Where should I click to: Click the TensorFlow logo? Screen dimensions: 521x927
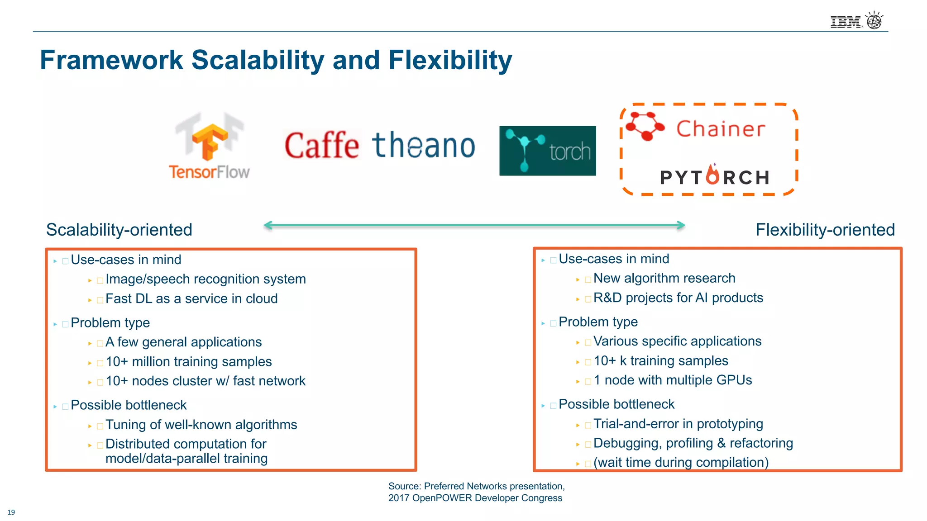pyautogui.click(x=209, y=146)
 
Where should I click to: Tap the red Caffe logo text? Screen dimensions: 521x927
pyautogui.click(x=322, y=146)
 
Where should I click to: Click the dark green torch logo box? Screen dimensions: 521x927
pyautogui.click(x=547, y=151)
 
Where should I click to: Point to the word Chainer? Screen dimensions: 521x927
pyautogui.click(x=721, y=129)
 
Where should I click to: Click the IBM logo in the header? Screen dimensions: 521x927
pyautogui.click(x=845, y=22)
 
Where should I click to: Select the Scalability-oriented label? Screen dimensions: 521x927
pyautogui.click(x=119, y=230)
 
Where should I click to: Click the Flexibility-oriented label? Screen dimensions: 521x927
pyautogui.click(x=825, y=230)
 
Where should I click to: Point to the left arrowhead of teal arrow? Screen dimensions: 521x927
pyautogui.click(x=268, y=225)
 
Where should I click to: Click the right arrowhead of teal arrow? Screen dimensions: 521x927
pyautogui.click(x=681, y=225)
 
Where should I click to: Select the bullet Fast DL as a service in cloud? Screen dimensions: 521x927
pyautogui.click(x=191, y=299)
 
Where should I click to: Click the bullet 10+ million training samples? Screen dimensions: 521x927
pyautogui.click(x=188, y=362)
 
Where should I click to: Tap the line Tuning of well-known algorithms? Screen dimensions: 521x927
pyautogui.click(x=201, y=425)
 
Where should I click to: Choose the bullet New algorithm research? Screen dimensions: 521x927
pyautogui.click(x=664, y=278)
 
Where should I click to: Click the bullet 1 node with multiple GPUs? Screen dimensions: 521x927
pyautogui.click(x=673, y=380)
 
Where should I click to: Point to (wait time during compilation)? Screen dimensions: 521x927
pyautogui.click(x=681, y=463)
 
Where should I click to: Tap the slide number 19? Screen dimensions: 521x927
pyautogui.click(x=11, y=512)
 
